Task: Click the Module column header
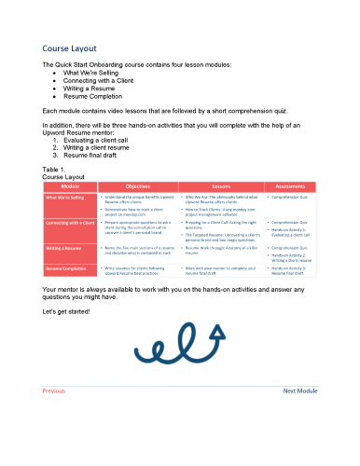(70, 186)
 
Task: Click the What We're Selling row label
(64, 199)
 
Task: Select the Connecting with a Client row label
(70, 224)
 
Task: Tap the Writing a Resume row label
(63, 248)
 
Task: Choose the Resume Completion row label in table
(66, 268)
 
